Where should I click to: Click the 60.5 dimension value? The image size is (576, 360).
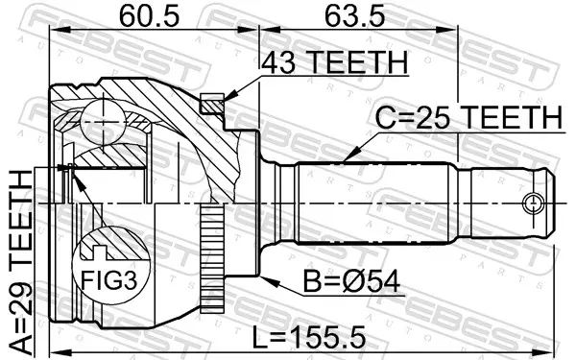(149, 16)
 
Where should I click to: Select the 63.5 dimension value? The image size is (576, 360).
(355, 16)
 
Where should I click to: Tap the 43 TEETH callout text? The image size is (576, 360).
(335, 62)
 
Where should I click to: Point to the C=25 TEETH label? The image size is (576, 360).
(469, 118)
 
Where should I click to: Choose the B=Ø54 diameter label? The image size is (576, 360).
(352, 281)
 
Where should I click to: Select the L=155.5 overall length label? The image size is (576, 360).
(309, 337)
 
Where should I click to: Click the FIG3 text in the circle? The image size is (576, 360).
(108, 280)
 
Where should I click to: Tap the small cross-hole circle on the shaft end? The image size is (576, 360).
(534, 203)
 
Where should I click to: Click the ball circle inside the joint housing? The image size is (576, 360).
(104, 122)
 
